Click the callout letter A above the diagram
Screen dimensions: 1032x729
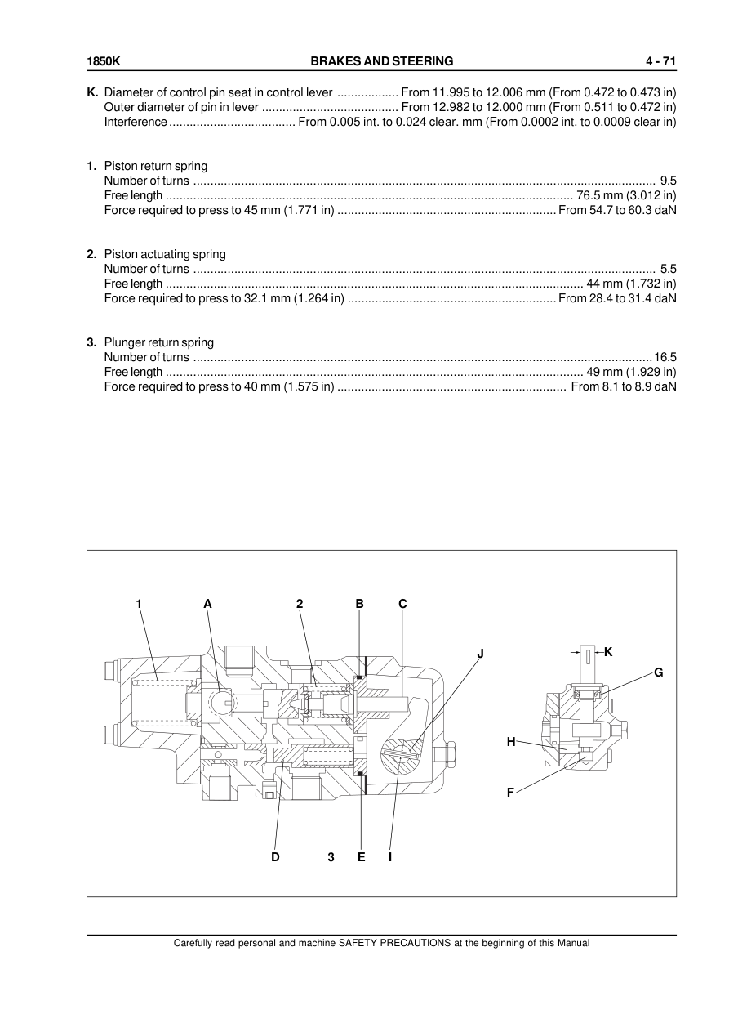click(x=207, y=604)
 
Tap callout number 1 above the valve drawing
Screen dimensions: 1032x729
click(x=140, y=604)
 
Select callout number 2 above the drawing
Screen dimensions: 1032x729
click(x=300, y=604)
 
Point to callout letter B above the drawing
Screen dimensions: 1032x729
click(x=359, y=604)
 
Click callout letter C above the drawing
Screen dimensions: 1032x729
click(x=402, y=604)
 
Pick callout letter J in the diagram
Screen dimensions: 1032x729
click(x=481, y=653)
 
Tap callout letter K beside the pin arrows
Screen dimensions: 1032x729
click(x=608, y=651)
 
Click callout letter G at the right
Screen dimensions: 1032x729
click(x=658, y=672)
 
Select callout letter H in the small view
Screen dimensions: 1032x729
click(x=511, y=742)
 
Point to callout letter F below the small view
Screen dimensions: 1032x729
click(x=510, y=792)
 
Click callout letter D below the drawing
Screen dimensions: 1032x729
click(x=275, y=857)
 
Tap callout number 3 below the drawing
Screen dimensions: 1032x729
click(x=331, y=857)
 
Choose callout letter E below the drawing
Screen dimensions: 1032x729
click(x=361, y=857)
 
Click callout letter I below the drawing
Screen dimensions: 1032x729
click(x=390, y=857)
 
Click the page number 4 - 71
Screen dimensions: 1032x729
click(x=660, y=61)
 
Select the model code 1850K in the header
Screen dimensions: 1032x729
click(x=104, y=61)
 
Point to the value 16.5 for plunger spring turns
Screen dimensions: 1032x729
click(x=665, y=357)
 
